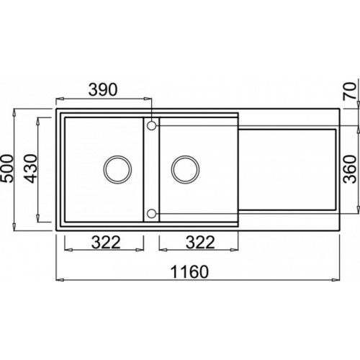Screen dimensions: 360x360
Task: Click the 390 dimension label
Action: (103, 90)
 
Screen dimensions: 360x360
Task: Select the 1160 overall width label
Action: (189, 271)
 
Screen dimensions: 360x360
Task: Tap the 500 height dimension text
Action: (7, 168)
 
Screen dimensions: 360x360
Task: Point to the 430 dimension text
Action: (31, 168)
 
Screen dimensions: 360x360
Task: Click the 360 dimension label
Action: (350, 169)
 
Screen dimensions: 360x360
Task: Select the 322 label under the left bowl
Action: (106, 242)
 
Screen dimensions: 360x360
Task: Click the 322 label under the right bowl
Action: (200, 242)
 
